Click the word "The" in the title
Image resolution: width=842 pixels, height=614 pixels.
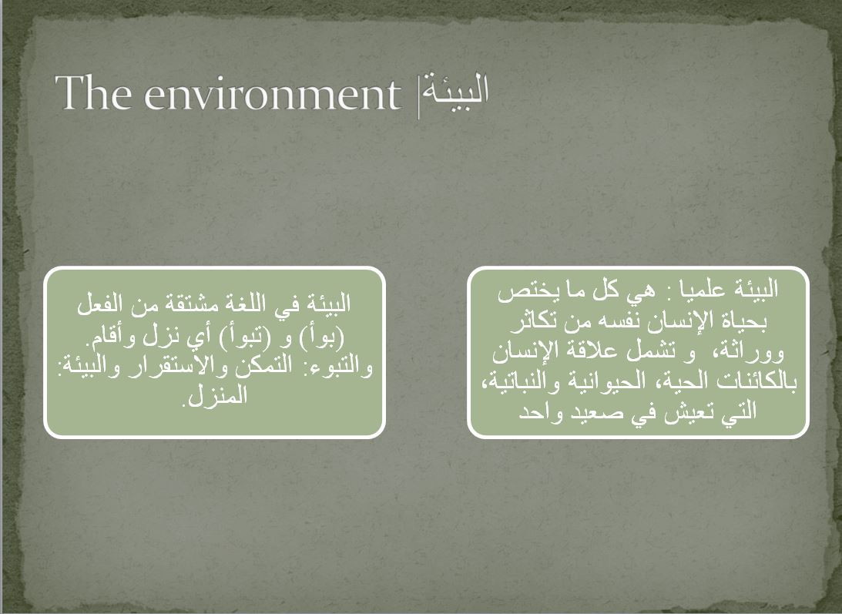93,92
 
